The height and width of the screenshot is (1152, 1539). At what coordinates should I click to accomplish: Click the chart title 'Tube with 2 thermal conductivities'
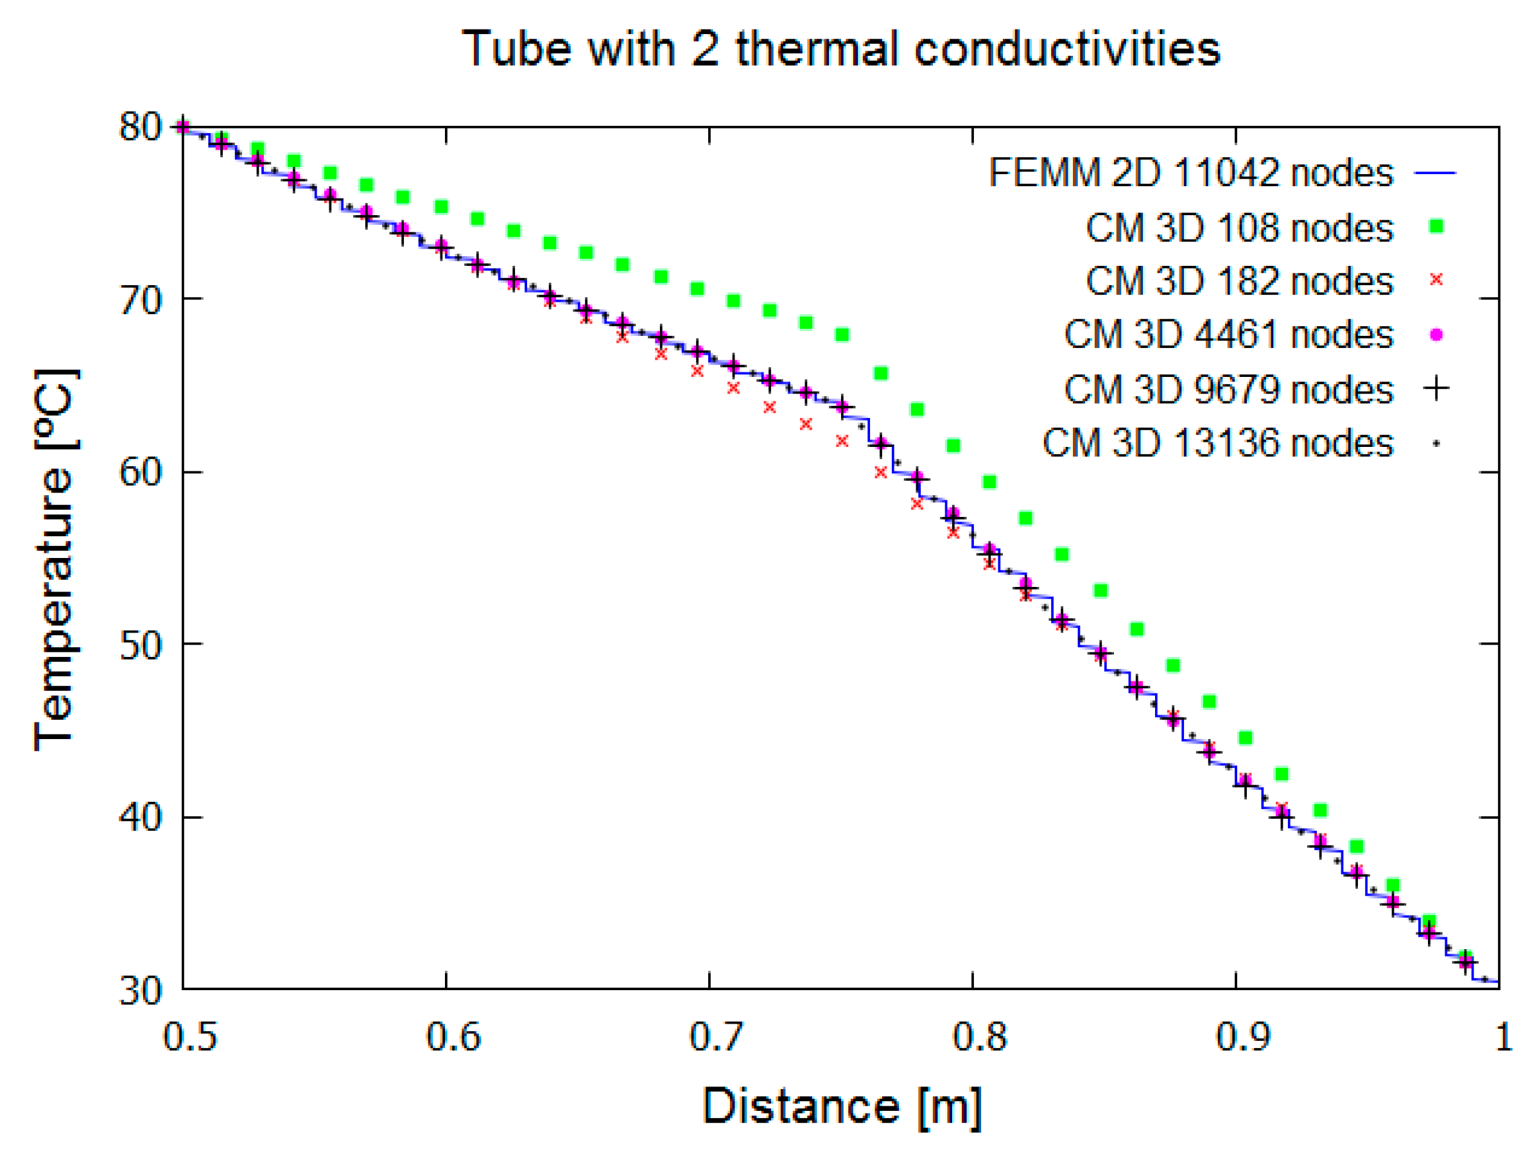pos(840,49)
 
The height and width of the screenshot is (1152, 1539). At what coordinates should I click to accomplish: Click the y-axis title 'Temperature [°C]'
pos(56,561)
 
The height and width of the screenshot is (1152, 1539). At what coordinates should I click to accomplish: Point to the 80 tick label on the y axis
pos(140,127)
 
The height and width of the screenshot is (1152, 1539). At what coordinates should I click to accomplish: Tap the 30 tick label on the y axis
pos(140,991)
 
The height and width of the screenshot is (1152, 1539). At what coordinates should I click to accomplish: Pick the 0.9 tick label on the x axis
pos(1242,1037)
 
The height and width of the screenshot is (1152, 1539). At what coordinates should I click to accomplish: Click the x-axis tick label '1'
pos(1503,1037)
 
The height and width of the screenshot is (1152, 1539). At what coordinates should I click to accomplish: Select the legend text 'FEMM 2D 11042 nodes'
pos(1190,173)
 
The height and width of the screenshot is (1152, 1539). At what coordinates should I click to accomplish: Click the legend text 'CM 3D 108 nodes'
pos(1239,227)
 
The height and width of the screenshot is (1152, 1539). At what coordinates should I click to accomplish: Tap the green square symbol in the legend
pos(1436,226)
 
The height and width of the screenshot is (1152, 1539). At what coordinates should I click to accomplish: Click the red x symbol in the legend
pos(1436,280)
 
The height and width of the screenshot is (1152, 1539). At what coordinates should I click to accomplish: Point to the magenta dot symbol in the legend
pos(1436,335)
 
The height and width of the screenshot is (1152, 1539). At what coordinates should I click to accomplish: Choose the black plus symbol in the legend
pos(1436,388)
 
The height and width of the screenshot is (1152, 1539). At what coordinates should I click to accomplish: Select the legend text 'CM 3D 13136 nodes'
pos(1217,442)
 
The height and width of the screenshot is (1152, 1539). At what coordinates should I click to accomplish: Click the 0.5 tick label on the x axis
pos(190,1037)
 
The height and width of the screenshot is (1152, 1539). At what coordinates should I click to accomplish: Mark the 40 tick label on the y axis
pos(140,817)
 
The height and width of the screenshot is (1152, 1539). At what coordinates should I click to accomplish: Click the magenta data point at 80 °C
pos(183,127)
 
